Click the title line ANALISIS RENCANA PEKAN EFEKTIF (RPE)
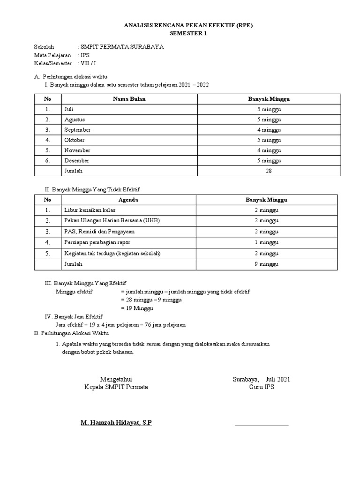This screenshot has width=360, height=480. (x=187, y=26)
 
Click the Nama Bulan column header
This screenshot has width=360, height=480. (x=129, y=99)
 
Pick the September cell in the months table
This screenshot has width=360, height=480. (x=77, y=130)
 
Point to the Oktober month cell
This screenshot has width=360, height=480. (x=74, y=140)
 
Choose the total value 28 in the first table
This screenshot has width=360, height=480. (x=269, y=171)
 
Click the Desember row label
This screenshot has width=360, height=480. (x=77, y=161)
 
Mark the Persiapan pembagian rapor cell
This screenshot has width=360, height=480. (x=97, y=242)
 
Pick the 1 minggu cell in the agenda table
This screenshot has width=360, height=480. (x=266, y=242)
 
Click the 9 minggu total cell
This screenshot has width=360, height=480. (x=266, y=264)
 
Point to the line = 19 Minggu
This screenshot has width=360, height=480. (x=137, y=308)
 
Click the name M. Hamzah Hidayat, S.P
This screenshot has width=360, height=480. (x=116, y=423)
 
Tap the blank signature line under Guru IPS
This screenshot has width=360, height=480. (x=262, y=425)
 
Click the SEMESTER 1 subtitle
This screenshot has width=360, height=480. (x=187, y=34)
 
